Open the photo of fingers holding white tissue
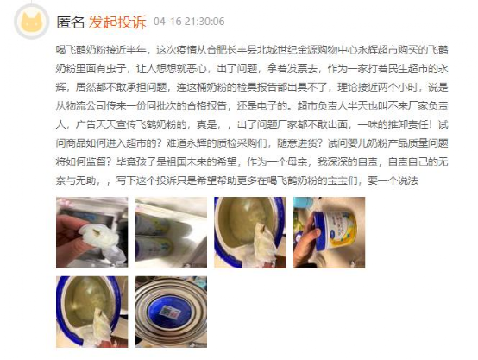tap(91, 232)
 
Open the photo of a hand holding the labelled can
tap(329, 232)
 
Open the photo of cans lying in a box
tap(170, 232)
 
